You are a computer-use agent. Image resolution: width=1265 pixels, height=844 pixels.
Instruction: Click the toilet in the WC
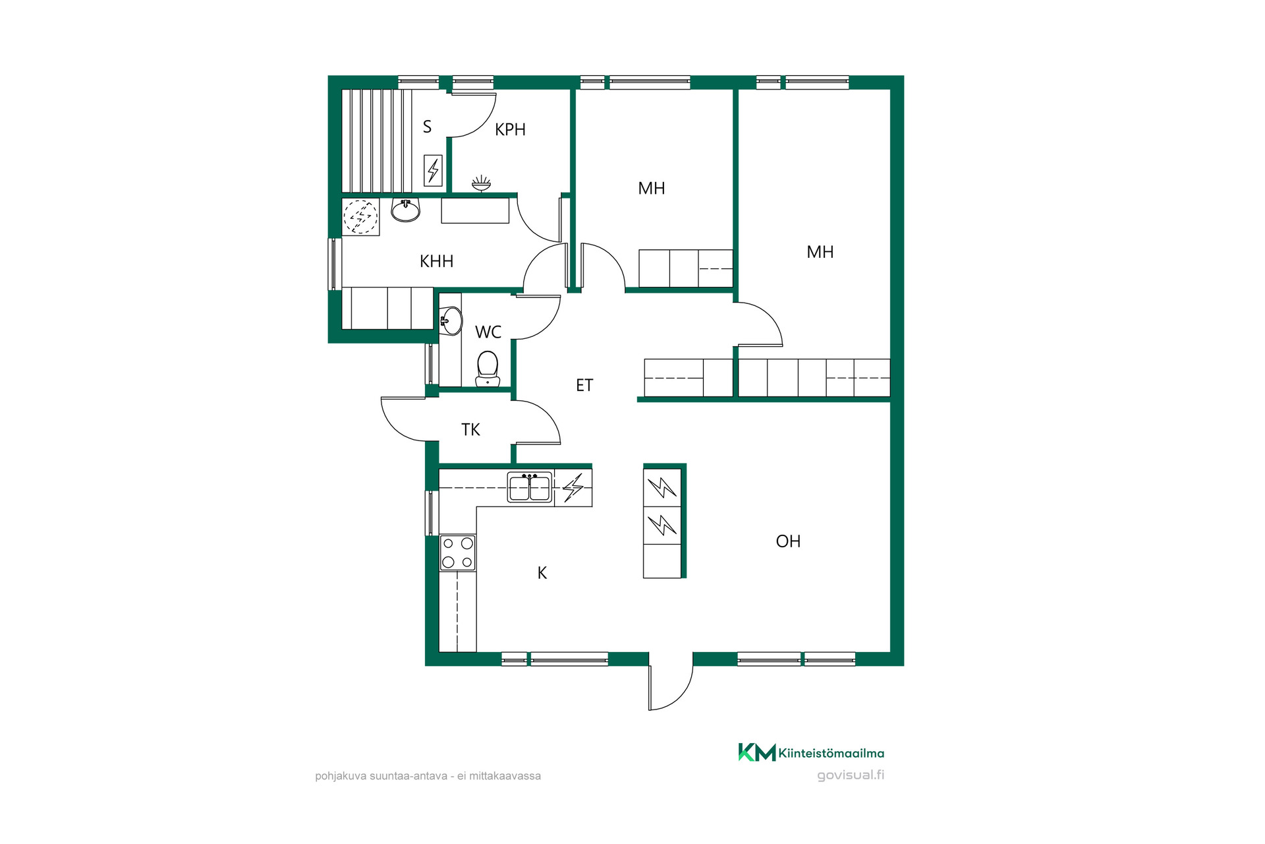pyautogui.click(x=488, y=369)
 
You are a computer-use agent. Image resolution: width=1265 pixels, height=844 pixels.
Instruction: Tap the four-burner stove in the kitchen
pyautogui.click(x=457, y=553)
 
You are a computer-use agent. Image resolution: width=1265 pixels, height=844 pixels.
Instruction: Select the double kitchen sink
pyautogui.click(x=529, y=487)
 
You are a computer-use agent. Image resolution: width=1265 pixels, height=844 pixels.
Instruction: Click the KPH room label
pyautogui.click(x=510, y=129)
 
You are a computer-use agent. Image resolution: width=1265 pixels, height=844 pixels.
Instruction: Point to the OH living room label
pyautogui.click(x=788, y=541)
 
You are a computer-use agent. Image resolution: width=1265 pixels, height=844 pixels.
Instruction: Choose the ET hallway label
pyautogui.click(x=584, y=385)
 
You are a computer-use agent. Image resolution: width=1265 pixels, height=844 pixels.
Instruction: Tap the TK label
pyautogui.click(x=470, y=430)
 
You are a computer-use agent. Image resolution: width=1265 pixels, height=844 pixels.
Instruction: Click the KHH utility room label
pyautogui.click(x=436, y=261)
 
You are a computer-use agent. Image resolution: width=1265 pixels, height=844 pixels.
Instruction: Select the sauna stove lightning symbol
pyautogui.click(x=433, y=170)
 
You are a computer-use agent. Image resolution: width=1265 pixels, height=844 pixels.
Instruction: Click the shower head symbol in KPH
pyautogui.click(x=481, y=183)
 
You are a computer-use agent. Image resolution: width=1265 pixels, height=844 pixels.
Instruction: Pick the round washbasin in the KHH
pyautogui.click(x=405, y=210)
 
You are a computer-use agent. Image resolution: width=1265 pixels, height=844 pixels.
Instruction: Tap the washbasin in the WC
pyautogui.click(x=451, y=321)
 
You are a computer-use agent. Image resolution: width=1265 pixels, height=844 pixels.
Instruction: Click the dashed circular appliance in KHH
pyautogui.click(x=360, y=216)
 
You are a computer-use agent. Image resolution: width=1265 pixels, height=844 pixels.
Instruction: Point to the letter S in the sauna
pyautogui.click(x=427, y=127)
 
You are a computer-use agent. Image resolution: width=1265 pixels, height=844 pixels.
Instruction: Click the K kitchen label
pyautogui.click(x=542, y=573)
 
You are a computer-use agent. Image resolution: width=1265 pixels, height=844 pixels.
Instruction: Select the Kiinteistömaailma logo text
pyautogui.click(x=831, y=753)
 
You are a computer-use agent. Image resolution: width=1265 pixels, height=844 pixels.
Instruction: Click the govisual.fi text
pyautogui.click(x=851, y=775)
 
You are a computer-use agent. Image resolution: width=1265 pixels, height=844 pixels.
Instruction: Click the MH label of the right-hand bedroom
pyautogui.click(x=820, y=252)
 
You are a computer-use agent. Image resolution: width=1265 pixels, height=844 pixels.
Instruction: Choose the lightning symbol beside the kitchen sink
pyautogui.click(x=573, y=488)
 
